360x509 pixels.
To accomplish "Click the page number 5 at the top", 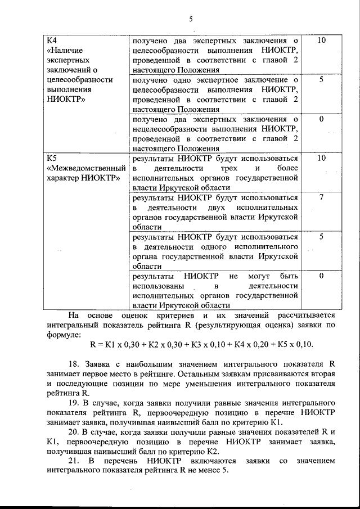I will tap(191, 19).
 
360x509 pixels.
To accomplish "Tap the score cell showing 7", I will tap(321, 197).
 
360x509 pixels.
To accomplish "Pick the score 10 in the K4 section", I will tap(321, 40).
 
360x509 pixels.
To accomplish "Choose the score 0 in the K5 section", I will tap(321, 276).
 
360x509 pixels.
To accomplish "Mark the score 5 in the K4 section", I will tap(321, 79).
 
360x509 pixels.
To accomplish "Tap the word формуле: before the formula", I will tap(65, 335).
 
